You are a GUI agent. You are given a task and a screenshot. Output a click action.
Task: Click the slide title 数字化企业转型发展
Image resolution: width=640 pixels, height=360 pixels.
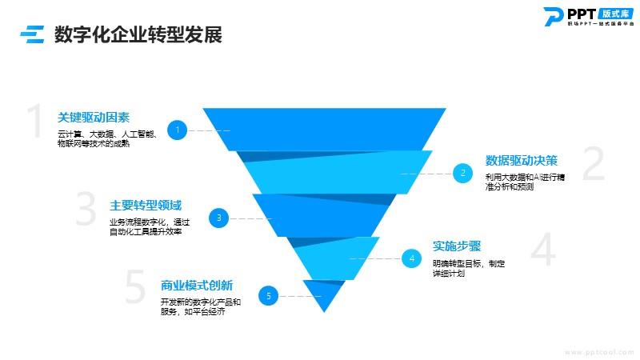(138, 35)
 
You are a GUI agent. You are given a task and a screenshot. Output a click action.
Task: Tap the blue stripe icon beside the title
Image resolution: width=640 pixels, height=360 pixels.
(32, 34)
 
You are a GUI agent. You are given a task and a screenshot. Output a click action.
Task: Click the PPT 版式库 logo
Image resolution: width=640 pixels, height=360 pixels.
(587, 16)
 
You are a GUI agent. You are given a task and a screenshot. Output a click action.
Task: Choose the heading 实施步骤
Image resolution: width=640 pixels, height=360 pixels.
(456, 246)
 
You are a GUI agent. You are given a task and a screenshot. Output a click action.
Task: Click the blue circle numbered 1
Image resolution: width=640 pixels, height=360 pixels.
(178, 130)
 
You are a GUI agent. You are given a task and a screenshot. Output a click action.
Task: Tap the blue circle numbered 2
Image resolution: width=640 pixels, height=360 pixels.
(462, 172)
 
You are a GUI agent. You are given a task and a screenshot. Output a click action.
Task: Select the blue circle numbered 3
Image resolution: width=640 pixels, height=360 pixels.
(218, 217)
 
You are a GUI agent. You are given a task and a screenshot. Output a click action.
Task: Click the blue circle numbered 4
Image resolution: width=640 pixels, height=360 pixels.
(411, 258)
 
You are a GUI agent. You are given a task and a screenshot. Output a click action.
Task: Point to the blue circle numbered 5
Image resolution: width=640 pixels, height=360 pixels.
(269, 296)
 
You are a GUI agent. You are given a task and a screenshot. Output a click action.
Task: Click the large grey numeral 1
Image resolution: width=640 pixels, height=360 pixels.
(35, 122)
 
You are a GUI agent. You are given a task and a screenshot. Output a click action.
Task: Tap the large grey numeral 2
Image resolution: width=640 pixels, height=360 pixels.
(593, 164)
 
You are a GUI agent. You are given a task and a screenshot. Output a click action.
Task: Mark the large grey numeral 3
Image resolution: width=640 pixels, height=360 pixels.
(86, 210)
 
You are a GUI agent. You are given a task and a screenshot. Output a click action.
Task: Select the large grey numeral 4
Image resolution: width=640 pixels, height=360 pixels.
(542, 250)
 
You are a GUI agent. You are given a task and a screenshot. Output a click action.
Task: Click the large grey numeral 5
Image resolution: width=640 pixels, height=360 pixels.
(136, 288)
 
